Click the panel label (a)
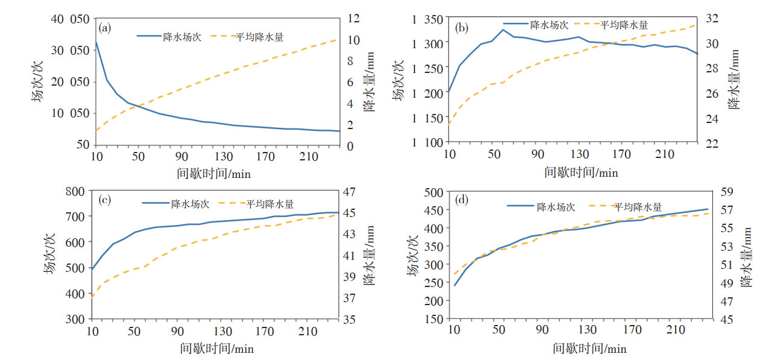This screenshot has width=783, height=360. point(104,28)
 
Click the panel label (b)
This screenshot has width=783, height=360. point(461,28)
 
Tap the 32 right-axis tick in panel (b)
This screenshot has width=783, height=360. point(711,19)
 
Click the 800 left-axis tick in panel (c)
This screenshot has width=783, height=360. point(77,192)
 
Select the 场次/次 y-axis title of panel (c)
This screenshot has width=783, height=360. point(50,256)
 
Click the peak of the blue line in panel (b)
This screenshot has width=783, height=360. point(503,30)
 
